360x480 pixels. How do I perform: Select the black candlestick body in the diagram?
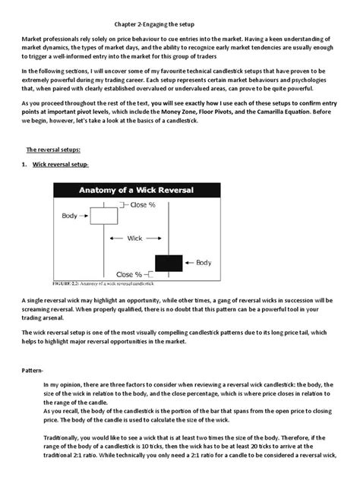168,263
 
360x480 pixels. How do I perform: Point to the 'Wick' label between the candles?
134,238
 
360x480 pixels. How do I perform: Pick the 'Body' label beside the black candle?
204,263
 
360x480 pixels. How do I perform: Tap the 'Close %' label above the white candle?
143,205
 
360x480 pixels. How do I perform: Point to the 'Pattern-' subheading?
36,371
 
